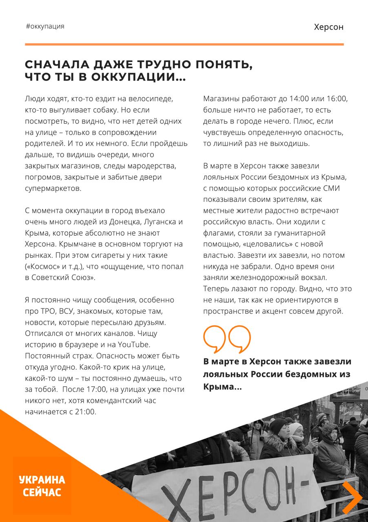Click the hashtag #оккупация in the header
pyautogui.click(x=45, y=27)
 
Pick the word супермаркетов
pyautogui.click(x=53, y=189)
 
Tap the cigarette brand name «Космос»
pyautogui.click(x=42, y=267)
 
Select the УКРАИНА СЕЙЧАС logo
pyautogui.click(x=42, y=486)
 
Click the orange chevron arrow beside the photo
pyautogui.click(x=351, y=497)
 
